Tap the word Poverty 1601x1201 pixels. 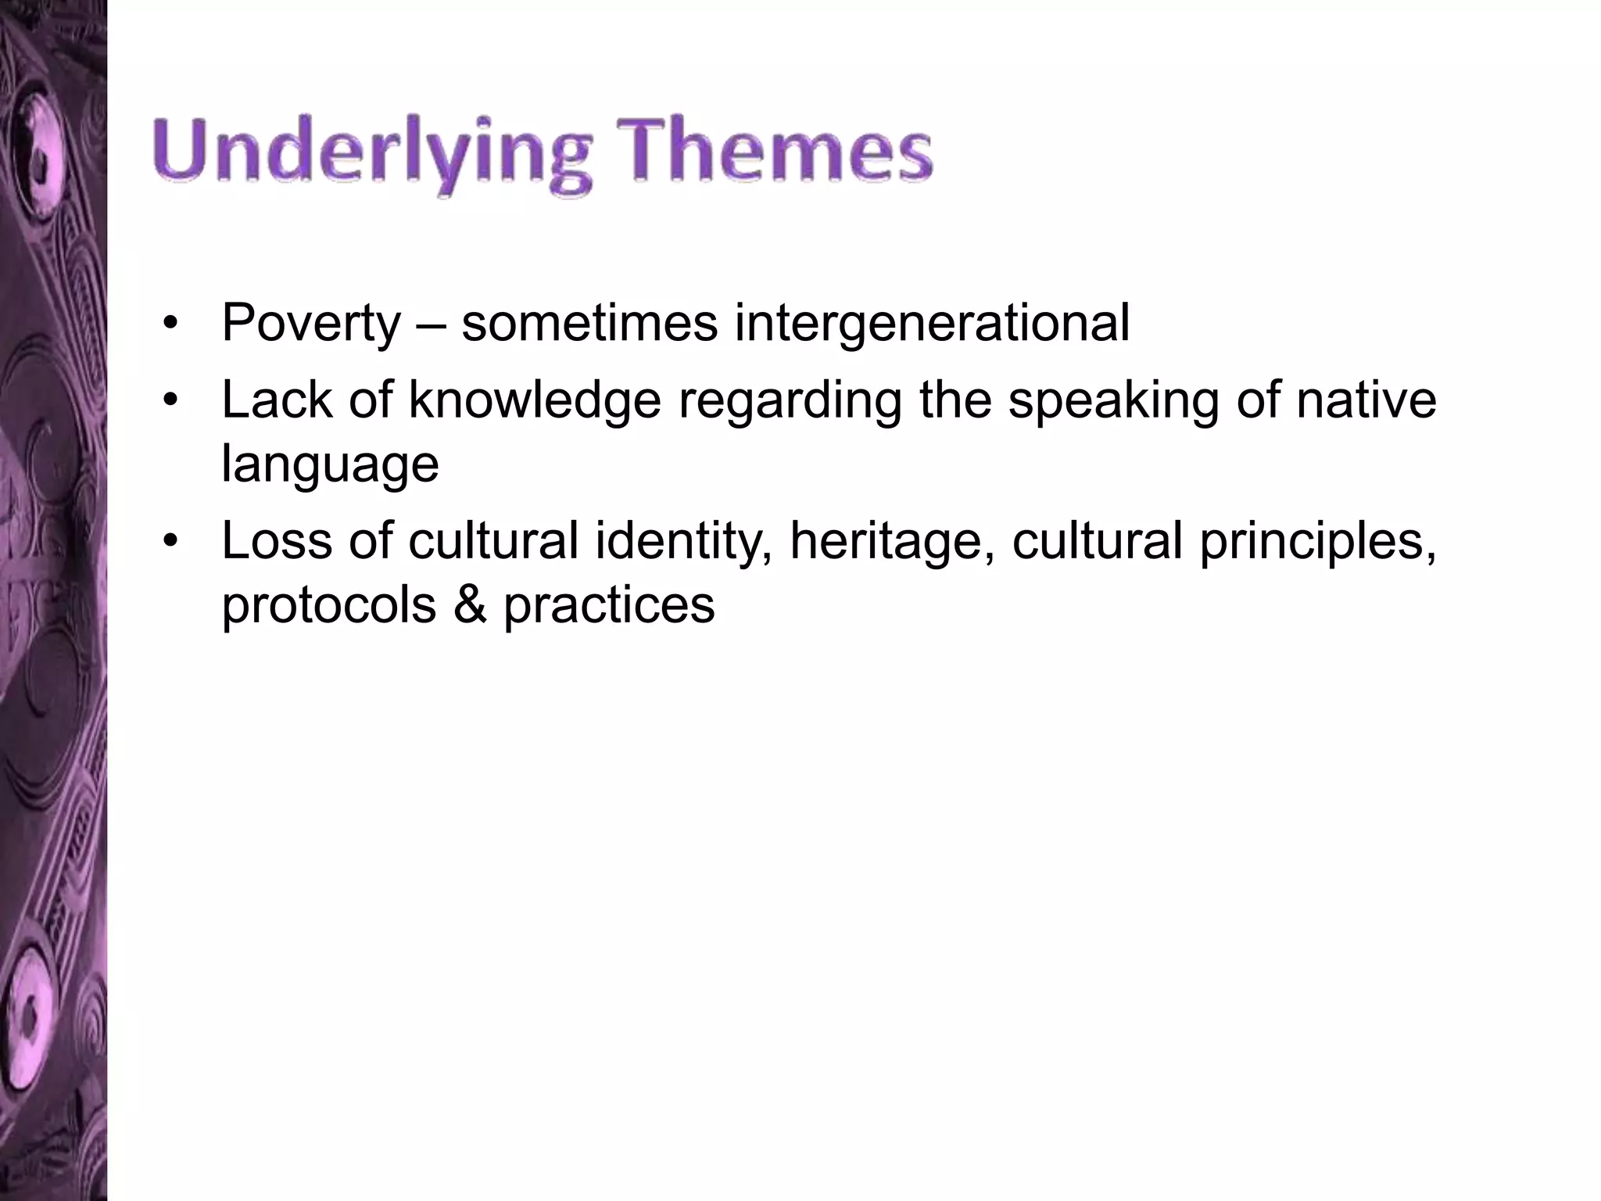[310, 323]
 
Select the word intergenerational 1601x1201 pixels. [932, 323]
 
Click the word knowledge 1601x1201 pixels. [535, 400]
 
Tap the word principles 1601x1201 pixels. [1317, 543]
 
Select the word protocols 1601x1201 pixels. [328, 606]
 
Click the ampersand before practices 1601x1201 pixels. [469, 604]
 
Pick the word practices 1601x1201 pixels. [608, 606]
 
